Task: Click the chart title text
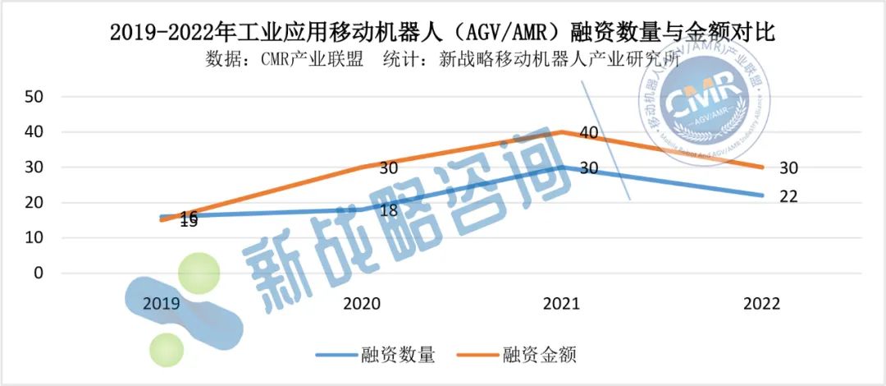443,34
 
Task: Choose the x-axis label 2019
162,304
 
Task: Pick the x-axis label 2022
761,304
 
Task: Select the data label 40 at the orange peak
589,133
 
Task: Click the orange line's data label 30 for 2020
389,168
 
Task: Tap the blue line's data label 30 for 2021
589,168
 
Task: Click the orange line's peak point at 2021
561,131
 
